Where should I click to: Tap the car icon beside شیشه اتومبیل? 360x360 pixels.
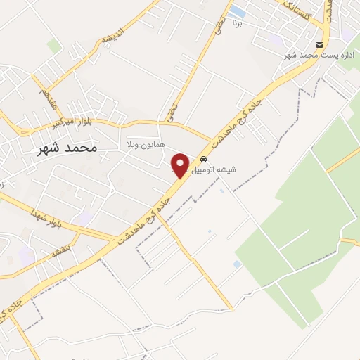pyautogui.click(x=203, y=158)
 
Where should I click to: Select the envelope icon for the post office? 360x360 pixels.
pyautogui.click(x=319, y=45)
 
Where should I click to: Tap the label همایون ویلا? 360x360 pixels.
pyautogui.click(x=145, y=144)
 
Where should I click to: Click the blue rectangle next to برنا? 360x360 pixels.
pyautogui.click(x=238, y=12)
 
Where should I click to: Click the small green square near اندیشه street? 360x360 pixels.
pyautogui.click(x=53, y=46)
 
